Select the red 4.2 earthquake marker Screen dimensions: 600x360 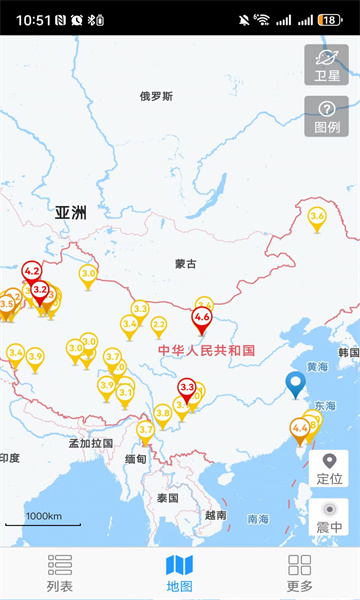click(31, 271)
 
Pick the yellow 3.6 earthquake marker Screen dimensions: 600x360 click(317, 217)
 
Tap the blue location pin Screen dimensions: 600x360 click(295, 384)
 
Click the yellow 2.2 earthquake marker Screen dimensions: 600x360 click(159, 326)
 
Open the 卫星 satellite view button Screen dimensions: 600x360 click(327, 65)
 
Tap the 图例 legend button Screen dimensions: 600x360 click(327, 116)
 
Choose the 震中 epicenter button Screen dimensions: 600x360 click(329, 517)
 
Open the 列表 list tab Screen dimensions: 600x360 click(60, 573)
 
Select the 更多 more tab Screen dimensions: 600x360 click(299, 573)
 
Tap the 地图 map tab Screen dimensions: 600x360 click(180, 573)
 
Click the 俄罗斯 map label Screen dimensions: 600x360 click(156, 97)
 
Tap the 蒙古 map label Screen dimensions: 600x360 click(186, 264)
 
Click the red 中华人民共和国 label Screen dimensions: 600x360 click(207, 351)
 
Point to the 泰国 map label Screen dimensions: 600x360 click(167, 497)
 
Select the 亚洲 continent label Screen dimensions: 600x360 click(71, 212)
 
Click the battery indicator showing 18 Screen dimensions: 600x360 click(329, 19)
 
